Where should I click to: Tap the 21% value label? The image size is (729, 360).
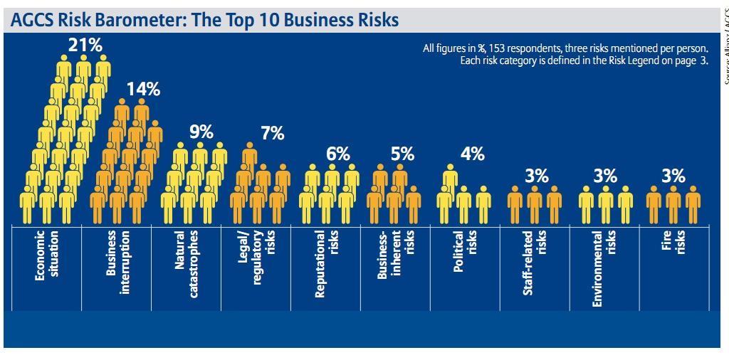coord(85,45)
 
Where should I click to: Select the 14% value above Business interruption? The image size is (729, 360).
coord(143,89)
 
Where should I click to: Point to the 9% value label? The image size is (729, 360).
coord(201,132)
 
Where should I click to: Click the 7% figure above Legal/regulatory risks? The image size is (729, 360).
coord(272,132)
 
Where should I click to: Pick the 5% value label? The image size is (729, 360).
coord(402,154)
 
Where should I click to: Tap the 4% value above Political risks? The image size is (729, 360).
coord(472,153)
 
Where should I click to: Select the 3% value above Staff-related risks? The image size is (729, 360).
coord(537,176)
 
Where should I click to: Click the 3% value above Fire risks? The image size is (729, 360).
coord(673,176)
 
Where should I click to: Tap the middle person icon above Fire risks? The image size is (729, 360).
coord(673,205)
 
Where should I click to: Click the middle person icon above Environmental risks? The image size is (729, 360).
coord(605,205)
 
